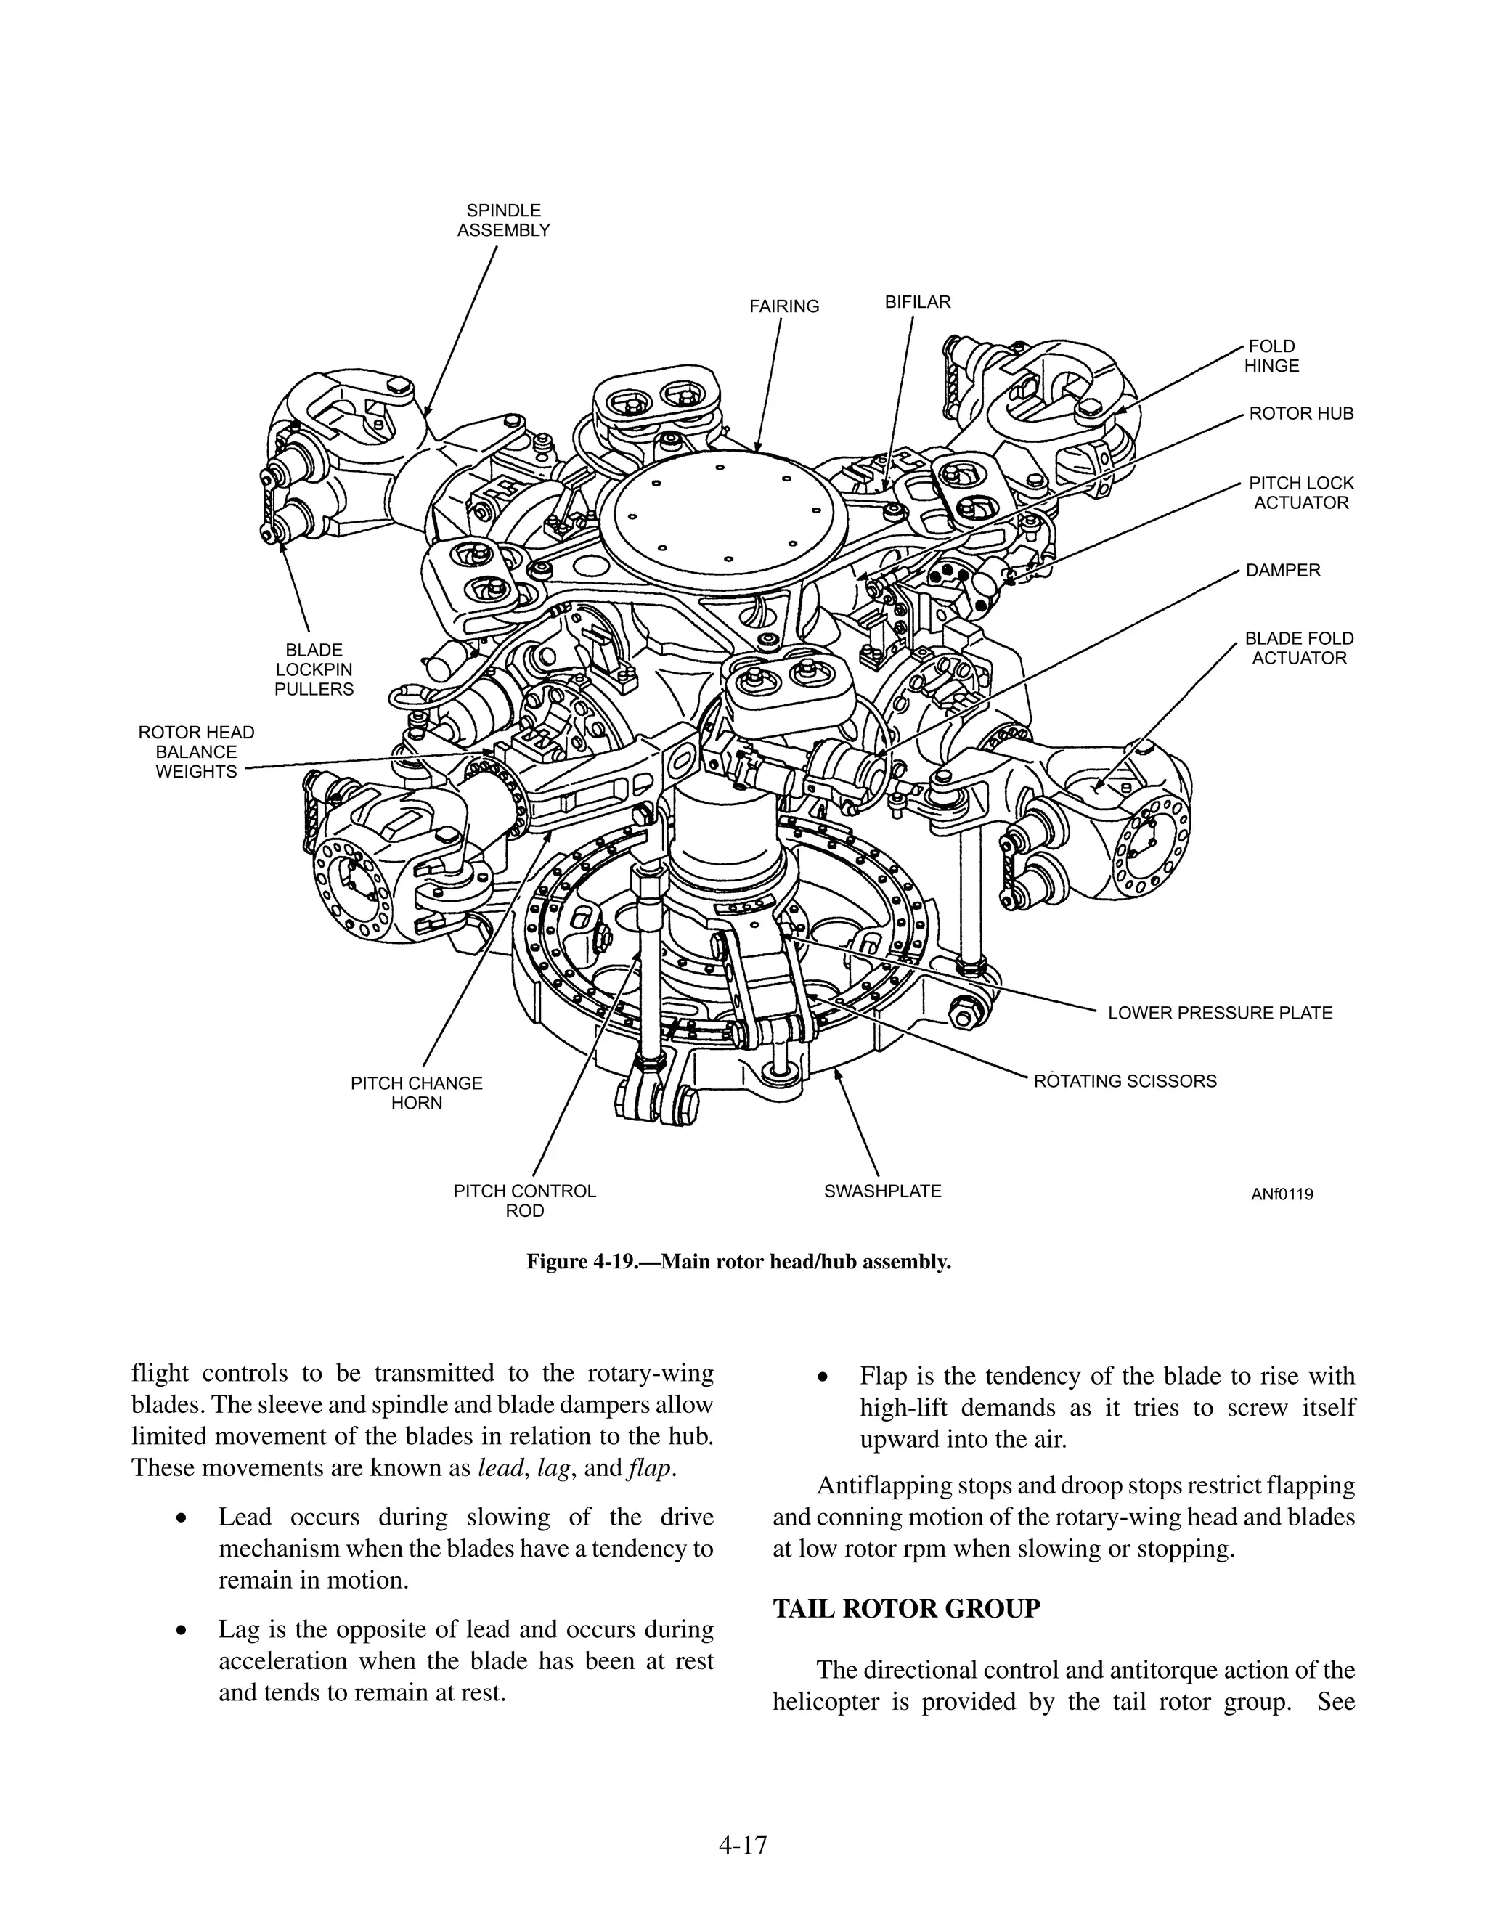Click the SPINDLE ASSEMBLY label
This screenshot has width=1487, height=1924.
point(503,220)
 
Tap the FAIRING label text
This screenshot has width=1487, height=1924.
point(784,306)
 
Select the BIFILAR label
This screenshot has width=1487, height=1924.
point(917,302)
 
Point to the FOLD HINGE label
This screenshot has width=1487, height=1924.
point(1271,356)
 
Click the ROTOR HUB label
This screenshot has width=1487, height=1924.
point(1300,414)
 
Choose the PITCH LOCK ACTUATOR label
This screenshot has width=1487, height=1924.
point(1300,493)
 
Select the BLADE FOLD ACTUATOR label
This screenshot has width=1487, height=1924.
point(1298,648)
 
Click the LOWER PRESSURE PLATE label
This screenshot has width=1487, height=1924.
point(1219,1013)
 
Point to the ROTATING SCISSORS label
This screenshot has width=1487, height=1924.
point(1124,1081)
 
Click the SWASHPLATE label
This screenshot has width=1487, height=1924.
point(881,1191)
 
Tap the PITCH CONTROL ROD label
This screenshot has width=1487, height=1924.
point(524,1201)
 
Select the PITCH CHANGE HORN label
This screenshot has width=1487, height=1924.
point(417,1093)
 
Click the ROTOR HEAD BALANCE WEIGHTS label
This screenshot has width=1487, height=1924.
point(197,752)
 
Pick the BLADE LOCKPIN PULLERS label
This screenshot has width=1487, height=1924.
point(314,669)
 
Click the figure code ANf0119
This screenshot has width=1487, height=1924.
point(1281,1194)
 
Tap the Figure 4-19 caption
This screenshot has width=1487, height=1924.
point(738,1262)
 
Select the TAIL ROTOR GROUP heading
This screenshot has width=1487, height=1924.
point(905,1610)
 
